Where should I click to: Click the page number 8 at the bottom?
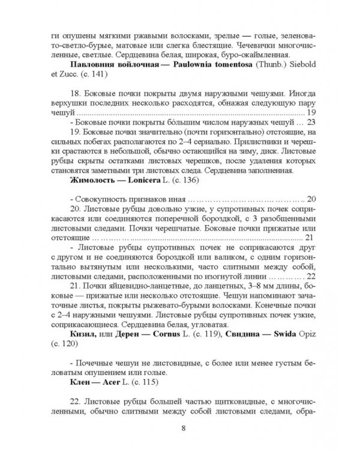[x=183, y=428]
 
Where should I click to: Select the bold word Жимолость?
[x=94, y=180]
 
